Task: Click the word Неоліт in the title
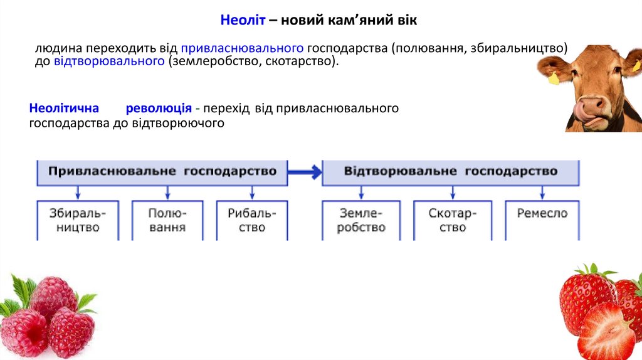click(x=243, y=21)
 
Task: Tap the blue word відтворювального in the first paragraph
click(x=110, y=61)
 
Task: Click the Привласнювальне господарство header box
click(x=162, y=172)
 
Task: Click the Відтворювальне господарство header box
click(x=450, y=172)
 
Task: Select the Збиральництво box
click(x=77, y=220)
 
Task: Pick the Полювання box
click(x=167, y=220)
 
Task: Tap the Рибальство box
click(x=252, y=220)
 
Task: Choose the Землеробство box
click(x=360, y=220)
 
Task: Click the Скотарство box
click(x=452, y=220)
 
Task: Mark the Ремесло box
click(x=542, y=214)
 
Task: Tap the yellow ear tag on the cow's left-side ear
click(x=553, y=80)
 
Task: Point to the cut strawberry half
click(x=606, y=332)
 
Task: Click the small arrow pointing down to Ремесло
click(x=542, y=193)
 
